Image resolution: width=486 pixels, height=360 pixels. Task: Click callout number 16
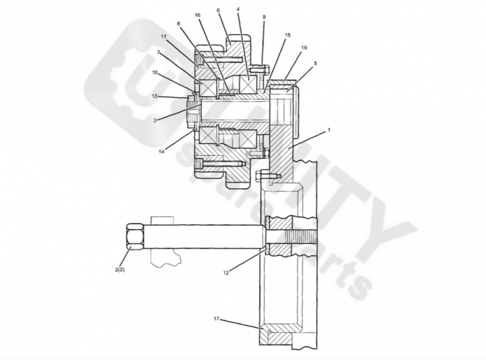point(198,15)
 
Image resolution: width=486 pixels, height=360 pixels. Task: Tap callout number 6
point(218,10)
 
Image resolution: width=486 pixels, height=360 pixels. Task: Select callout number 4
point(238,9)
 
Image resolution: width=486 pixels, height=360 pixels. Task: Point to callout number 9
point(264,17)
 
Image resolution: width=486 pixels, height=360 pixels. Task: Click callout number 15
point(287,35)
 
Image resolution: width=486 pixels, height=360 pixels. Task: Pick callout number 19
point(304,47)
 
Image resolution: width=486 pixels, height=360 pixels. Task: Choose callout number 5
point(315,64)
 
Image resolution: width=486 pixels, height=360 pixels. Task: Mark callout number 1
point(329,130)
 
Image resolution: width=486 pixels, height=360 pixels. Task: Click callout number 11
point(164,36)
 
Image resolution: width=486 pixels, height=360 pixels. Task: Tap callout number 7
point(158,53)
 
